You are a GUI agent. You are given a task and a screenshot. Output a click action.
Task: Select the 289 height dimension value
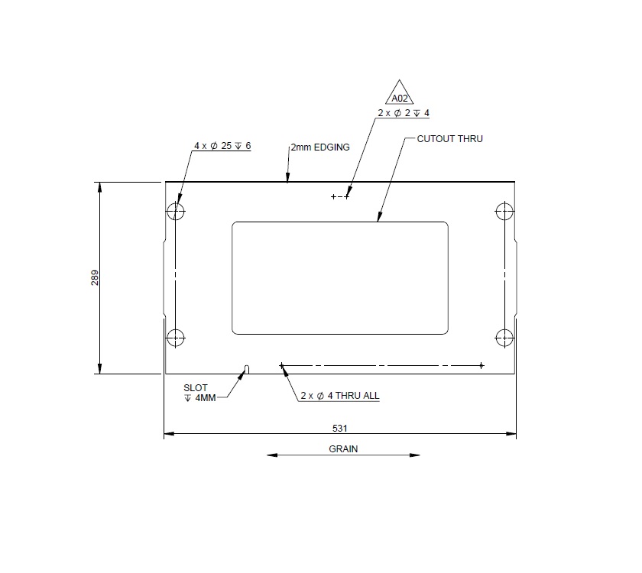(95, 277)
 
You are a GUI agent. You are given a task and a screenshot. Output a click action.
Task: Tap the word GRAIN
(343, 449)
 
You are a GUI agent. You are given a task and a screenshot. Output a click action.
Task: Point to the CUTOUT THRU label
(449, 139)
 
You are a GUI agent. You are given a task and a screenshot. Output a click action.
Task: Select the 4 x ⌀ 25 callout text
(222, 146)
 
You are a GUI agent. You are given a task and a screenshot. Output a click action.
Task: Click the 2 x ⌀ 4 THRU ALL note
(339, 396)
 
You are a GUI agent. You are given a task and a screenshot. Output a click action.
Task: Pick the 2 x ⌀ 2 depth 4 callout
(404, 113)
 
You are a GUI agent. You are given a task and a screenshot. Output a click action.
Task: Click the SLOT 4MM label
(200, 393)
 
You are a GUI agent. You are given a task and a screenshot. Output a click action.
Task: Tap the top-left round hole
(176, 211)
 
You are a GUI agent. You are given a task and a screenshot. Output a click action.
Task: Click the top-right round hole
(504, 211)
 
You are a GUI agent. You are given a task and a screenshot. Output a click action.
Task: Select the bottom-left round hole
(176, 336)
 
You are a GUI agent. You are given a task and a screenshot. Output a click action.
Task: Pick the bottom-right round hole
(504, 336)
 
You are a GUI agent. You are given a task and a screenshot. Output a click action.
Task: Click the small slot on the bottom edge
(246, 370)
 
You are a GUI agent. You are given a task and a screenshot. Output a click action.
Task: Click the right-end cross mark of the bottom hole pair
(481, 365)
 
